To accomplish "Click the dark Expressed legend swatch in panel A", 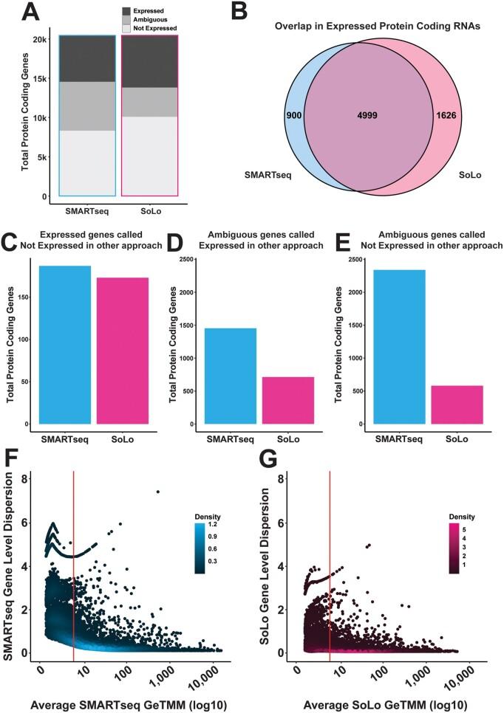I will [126, 11].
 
